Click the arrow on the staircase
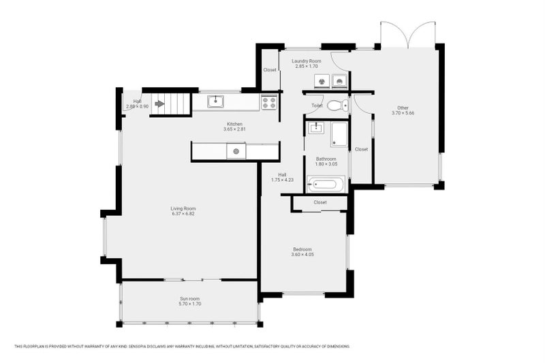pos(160,104)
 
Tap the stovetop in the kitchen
pos(268,103)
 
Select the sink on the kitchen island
pos(236,151)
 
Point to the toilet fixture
pos(337,106)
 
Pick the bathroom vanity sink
pos(316,127)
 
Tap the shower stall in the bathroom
pos(339,134)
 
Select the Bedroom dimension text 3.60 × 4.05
pos(302,255)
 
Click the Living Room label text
pos(183,208)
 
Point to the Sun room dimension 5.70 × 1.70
pos(190,304)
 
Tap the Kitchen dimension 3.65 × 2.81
pos(234,129)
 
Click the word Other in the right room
pos(403,107)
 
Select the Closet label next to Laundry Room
pos(270,69)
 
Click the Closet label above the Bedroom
pos(320,202)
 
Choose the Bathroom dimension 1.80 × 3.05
pos(326,164)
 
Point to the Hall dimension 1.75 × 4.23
pos(282,180)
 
